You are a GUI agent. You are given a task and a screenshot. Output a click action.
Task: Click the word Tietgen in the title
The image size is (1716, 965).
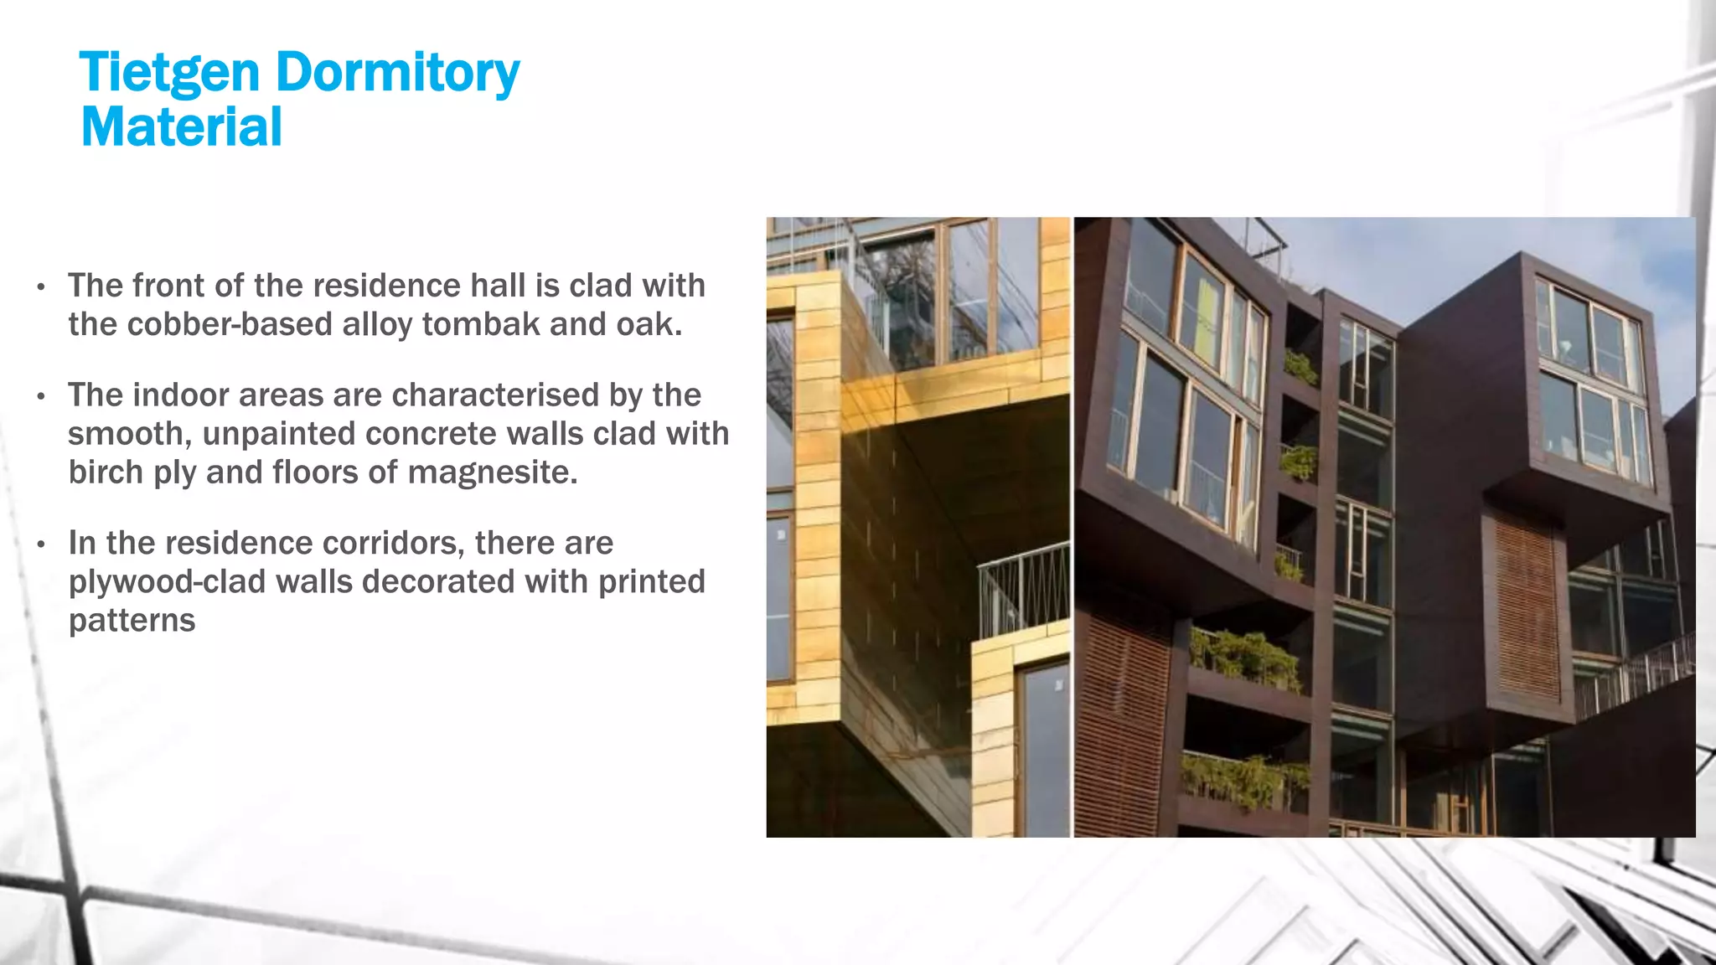click(168, 73)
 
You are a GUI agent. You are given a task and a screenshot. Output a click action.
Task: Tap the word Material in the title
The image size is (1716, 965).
click(181, 127)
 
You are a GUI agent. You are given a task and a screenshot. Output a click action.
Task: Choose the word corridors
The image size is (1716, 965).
click(392, 543)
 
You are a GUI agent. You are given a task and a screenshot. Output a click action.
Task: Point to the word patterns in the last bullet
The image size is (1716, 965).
click(132, 621)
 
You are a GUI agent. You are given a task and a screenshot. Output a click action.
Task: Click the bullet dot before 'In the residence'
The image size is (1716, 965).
click(41, 544)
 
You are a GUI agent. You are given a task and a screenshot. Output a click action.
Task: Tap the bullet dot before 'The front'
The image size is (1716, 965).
click(41, 287)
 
